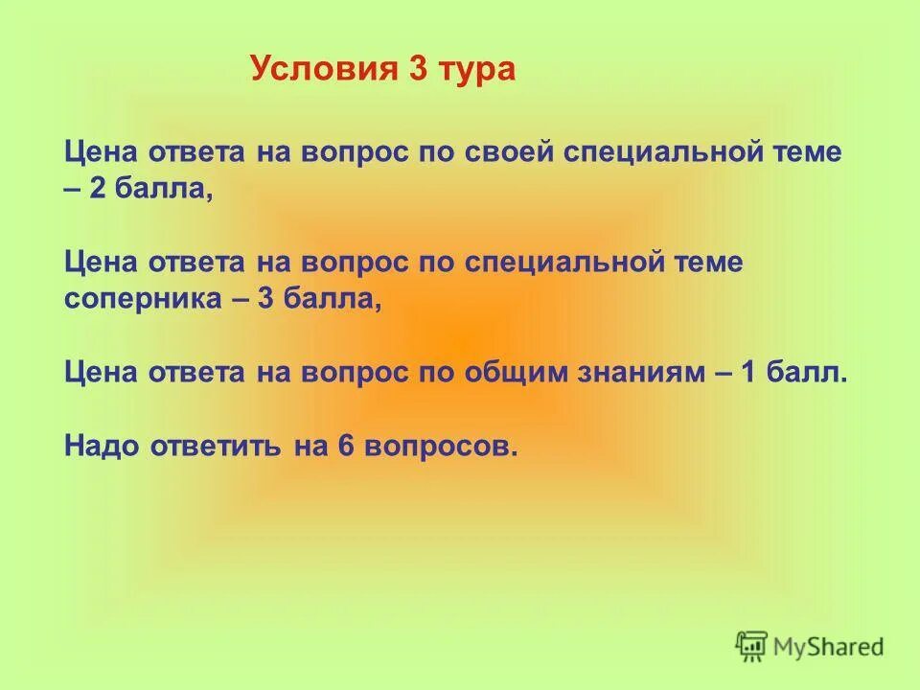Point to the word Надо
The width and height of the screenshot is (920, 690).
point(102,447)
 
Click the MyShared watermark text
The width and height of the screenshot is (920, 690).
point(829,646)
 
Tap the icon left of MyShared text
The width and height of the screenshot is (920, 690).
point(752,646)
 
